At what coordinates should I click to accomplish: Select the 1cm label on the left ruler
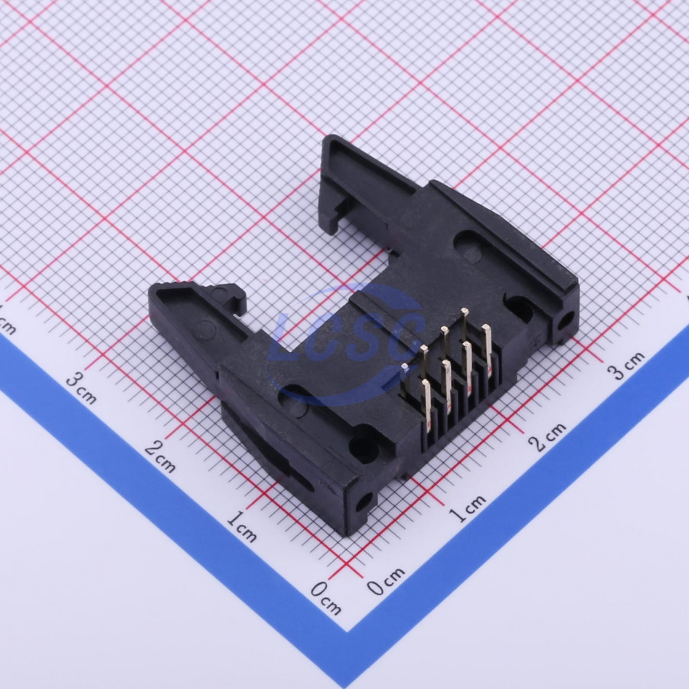[x=241, y=526]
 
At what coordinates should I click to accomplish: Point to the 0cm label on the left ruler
[x=325, y=599]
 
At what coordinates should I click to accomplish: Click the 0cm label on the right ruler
[x=385, y=580]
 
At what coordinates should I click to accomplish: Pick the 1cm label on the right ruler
[x=468, y=508]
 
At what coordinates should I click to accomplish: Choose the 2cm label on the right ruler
[x=547, y=437]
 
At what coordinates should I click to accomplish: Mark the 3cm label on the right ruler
[x=626, y=364]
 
